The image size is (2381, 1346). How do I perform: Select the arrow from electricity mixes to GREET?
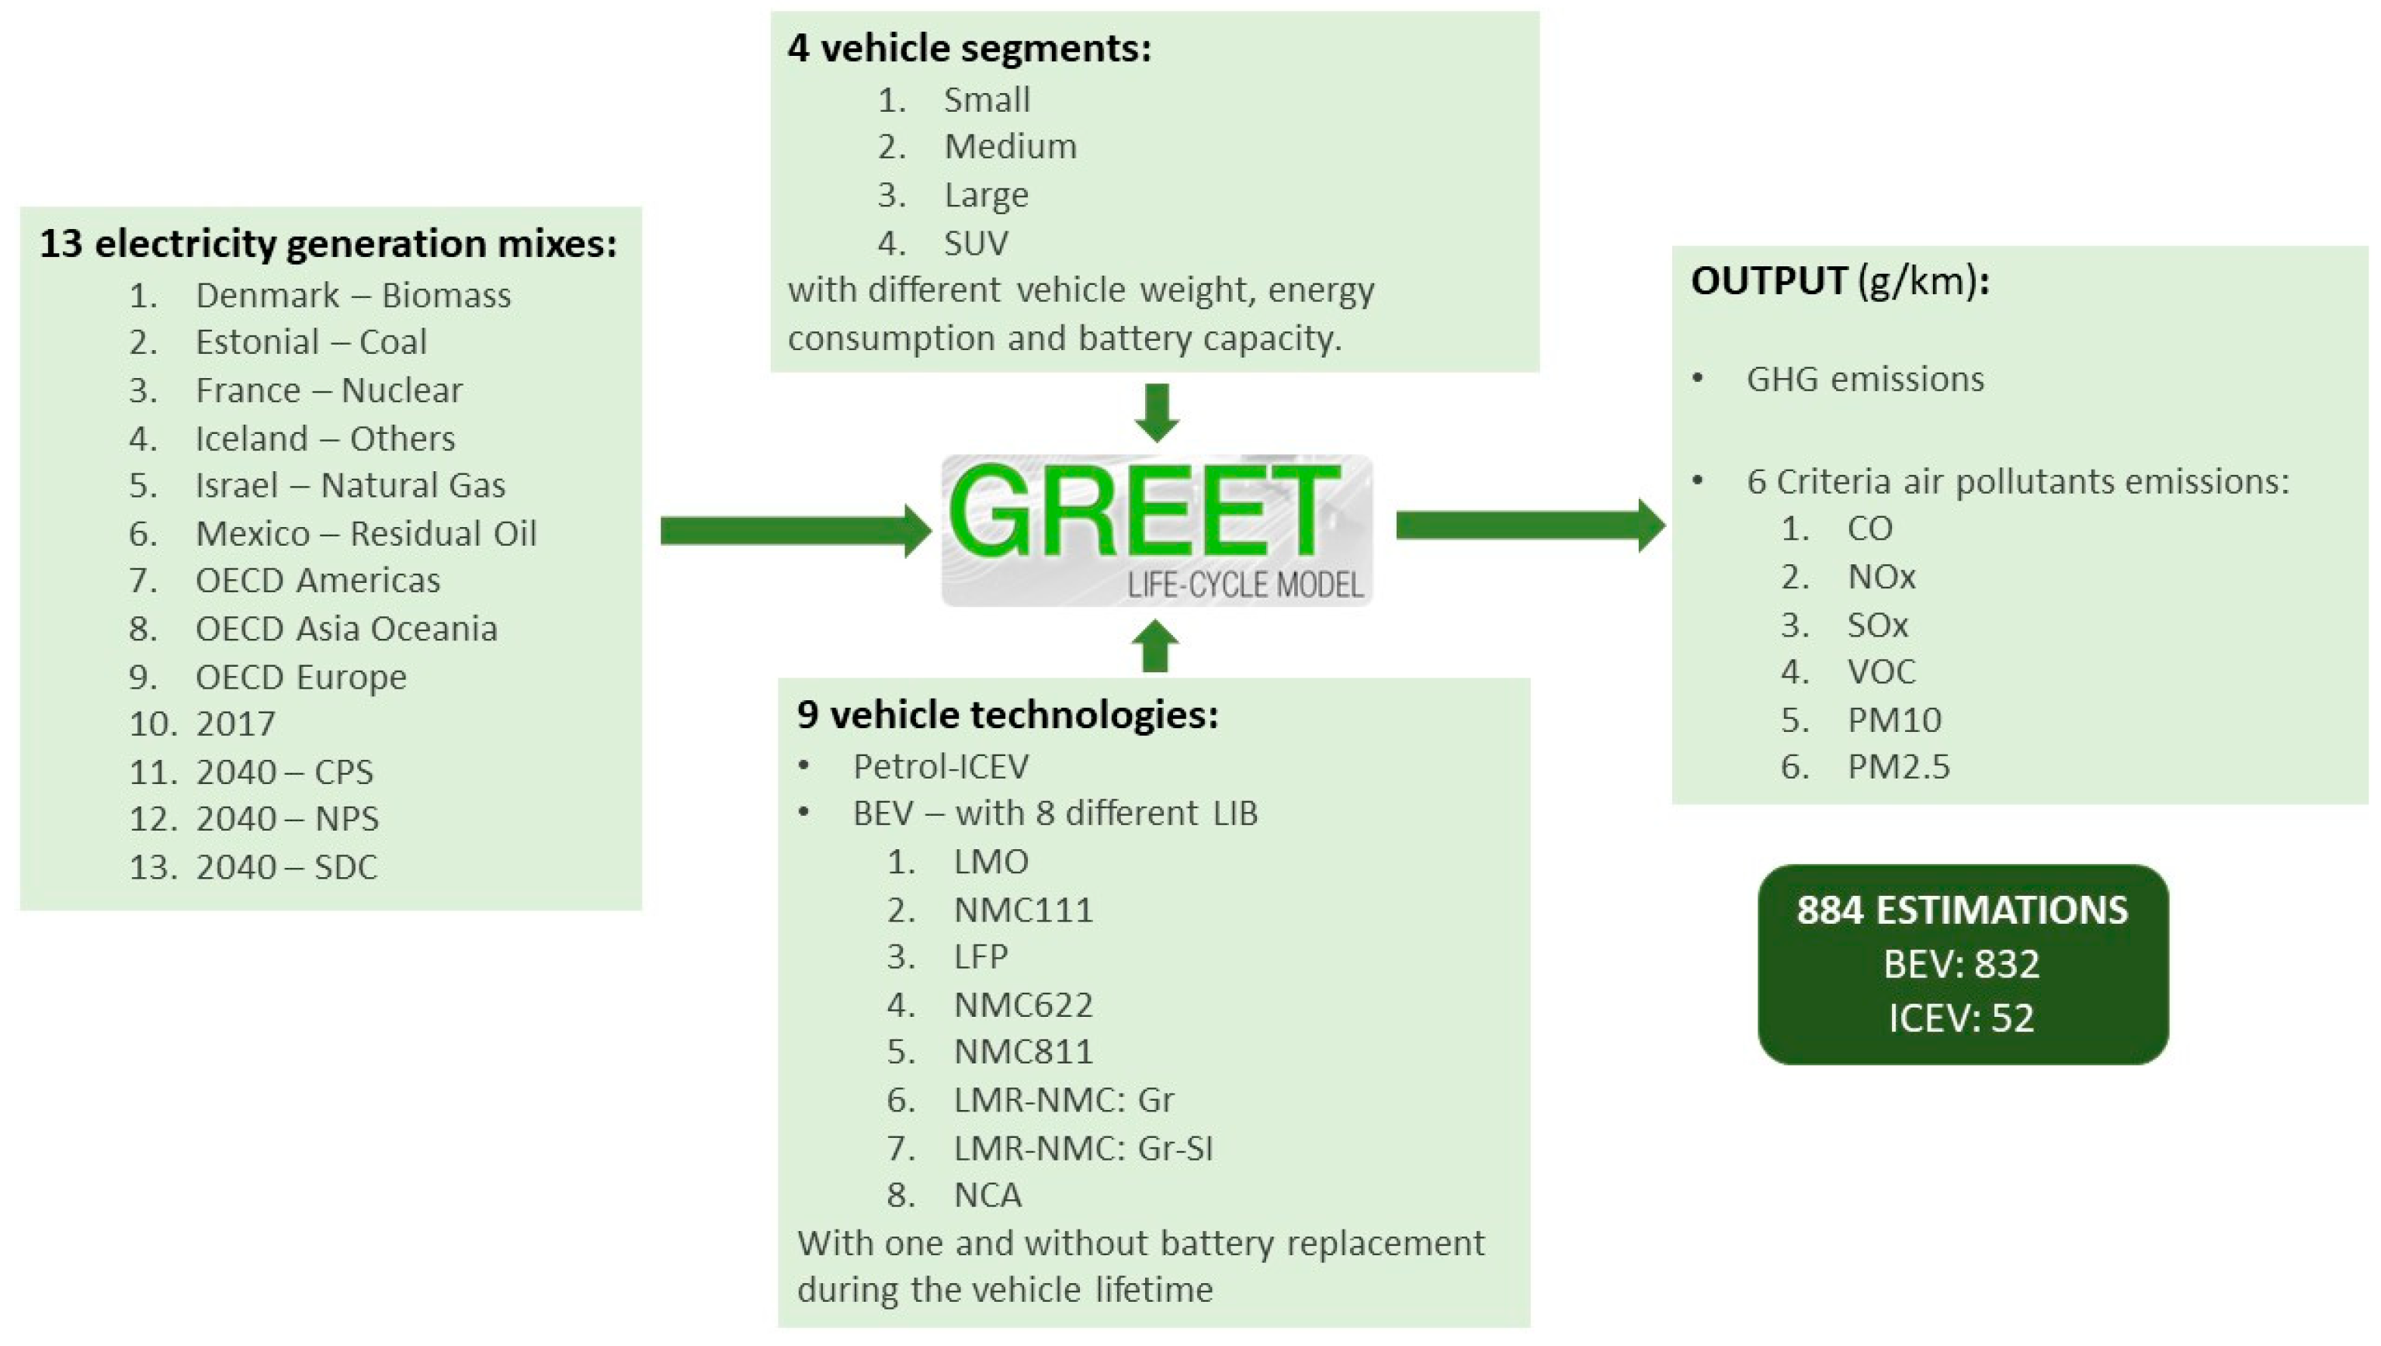[x=795, y=531]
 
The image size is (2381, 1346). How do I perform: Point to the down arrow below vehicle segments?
[x=1156, y=412]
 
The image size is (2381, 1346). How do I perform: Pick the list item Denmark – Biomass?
[x=352, y=296]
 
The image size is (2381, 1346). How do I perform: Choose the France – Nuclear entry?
[x=328, y=390]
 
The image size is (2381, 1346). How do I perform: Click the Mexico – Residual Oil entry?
[x=365, y=533]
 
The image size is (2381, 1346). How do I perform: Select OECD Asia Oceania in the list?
[x=345, y=629]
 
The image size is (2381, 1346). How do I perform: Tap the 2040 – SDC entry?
[x=286, y=867]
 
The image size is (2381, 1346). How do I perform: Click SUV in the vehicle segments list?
[x=975, y=243]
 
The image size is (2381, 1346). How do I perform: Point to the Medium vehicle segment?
[x=1009, y=147]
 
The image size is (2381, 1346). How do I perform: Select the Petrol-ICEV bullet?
[x=940, y=766]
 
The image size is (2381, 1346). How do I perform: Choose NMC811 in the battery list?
[x=1022, y=1052]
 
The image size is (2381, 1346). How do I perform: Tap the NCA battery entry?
[x=987, y=1195]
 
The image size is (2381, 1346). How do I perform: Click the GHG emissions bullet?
[x=1864, y=380]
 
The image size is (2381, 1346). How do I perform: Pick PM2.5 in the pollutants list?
[x=1897, y=767]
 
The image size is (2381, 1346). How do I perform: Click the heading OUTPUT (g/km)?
[x=1839, y=281]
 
